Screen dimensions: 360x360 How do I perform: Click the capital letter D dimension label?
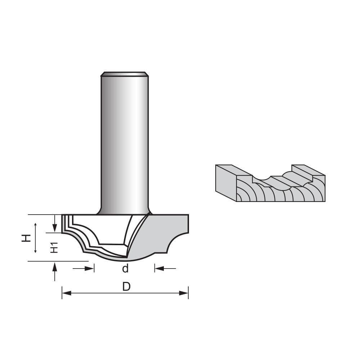click(126, 287)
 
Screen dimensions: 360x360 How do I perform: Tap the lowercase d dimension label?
click(125, 269)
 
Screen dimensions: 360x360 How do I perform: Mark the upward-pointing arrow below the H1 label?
click(55, 266)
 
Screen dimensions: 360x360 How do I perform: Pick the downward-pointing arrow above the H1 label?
click(54, 228)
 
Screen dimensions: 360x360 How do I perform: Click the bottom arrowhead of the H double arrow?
click(35, 251)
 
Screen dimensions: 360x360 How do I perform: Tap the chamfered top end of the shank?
click(125, 74)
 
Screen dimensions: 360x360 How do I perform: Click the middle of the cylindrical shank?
click(125, 144)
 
